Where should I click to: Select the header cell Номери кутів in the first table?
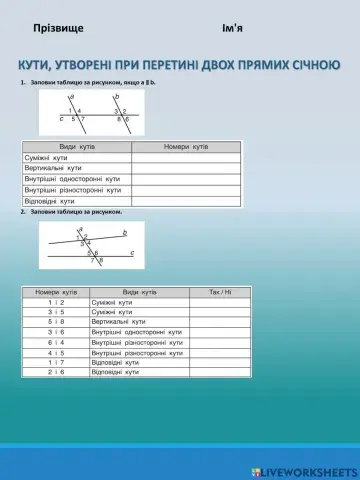pos(185,147)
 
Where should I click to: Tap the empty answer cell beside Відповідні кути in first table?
pos(185,200)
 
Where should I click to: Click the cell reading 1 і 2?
pos(55,302)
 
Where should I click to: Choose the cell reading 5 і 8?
pos(55,322)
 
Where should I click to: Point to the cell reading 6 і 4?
pos(55,342)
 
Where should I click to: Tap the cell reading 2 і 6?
pos(55,372)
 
